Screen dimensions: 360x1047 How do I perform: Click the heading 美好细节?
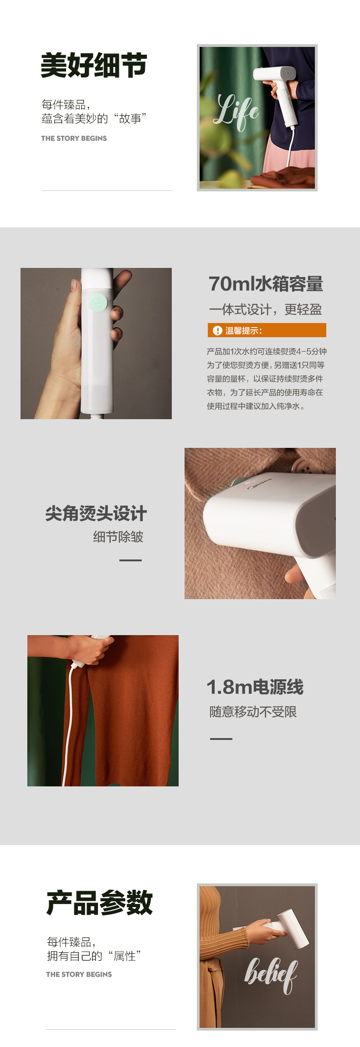pos(94,65)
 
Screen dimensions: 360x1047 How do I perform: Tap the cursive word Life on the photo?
pos(237,111)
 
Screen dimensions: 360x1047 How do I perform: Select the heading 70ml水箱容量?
pos(266,284)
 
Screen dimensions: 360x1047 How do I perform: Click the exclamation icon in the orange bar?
pos(217,331)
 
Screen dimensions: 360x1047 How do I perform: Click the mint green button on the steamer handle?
pos(98,303)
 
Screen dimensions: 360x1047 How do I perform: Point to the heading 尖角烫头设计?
pos(96,513)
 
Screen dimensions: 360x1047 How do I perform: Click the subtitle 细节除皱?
pos(118,537)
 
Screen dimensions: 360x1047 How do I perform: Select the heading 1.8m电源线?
pos(255,687)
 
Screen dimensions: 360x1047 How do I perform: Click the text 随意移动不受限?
pos(253,712)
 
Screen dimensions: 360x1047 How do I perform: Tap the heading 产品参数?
pos(99,903)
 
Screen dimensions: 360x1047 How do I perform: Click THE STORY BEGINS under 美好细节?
pos(74,138)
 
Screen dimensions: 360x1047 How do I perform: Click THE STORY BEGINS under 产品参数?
pos(79,974)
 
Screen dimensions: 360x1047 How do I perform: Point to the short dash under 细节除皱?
pos(130,560)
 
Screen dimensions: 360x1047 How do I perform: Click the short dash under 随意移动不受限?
pos(221,739)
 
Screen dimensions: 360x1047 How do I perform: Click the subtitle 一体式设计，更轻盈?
pos(265,310)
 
